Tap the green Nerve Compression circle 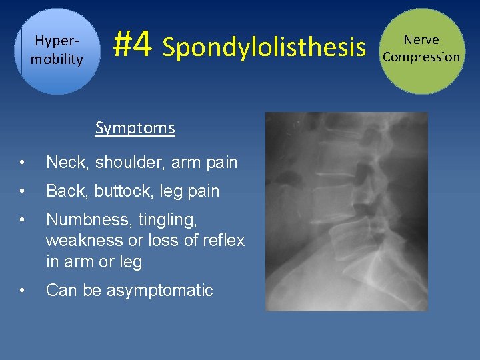pos(421,51)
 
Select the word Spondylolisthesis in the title pos(264,48)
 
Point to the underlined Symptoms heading pos(135,128)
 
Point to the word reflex pos(221,240)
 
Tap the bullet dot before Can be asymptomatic pos(23,291)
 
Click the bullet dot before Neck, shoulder pos(23,163)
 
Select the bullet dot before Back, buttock pos(23,192)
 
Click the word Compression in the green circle pos(421,57)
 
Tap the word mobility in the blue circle pos(57,59)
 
